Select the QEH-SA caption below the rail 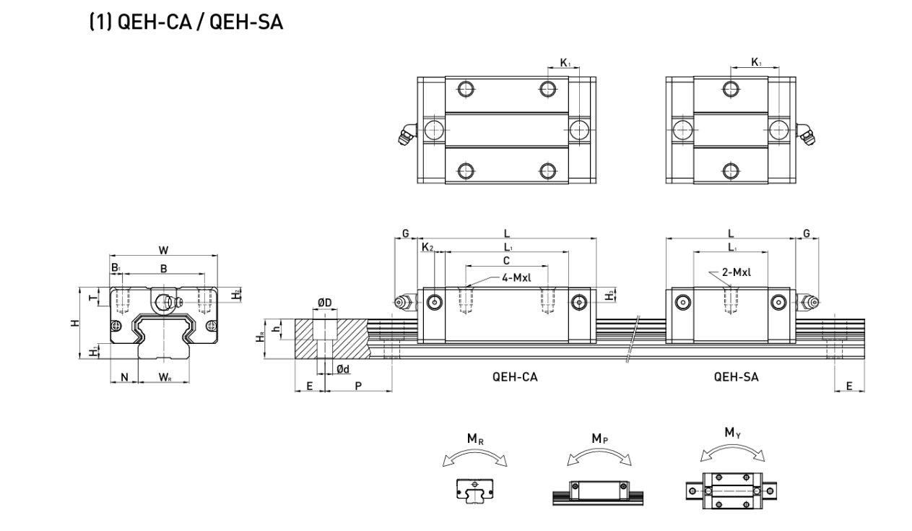[736, 377]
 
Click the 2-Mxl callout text [737, 272]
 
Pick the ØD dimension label [325, 302]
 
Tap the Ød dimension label [343, 370]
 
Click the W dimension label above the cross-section [164, 250]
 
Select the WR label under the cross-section [166, 376]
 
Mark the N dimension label [124, 376]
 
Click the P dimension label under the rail [358, 387]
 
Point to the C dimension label [506, 259]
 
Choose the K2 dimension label [427, 248]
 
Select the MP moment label [599, 439]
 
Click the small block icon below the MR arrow [474, 491]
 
